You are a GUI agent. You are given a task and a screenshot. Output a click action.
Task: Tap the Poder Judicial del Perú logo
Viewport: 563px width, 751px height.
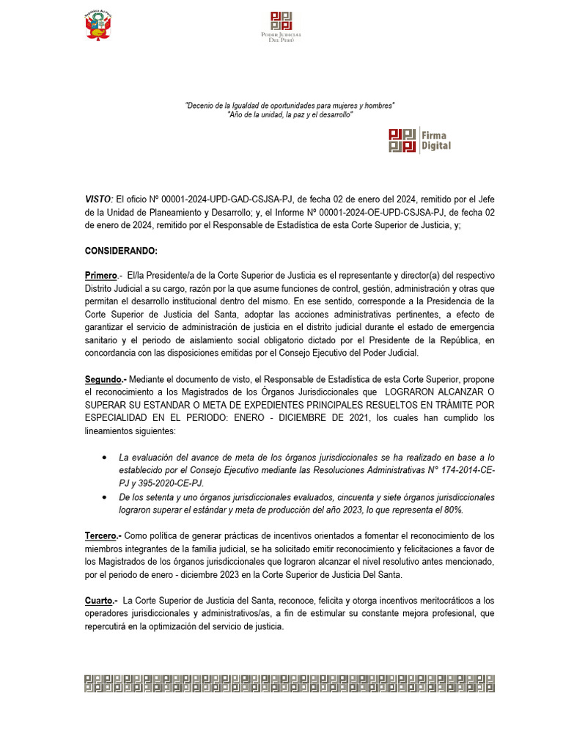[x=281, y=26]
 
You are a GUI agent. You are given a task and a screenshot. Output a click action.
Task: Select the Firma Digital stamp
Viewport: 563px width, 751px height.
[x=419, y=140]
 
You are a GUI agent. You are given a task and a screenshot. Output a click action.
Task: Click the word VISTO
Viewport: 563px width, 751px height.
[x=98, y=199]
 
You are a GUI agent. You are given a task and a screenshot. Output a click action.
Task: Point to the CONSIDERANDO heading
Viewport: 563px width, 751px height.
[x=121, y=251]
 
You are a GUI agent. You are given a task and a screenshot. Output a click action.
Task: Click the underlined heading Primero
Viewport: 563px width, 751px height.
[x=101, y=275]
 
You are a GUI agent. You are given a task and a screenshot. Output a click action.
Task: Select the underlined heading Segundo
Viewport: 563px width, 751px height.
[x=104, y=379]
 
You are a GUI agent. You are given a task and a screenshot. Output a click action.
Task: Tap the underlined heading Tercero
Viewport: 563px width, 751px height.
[x=102, y=537]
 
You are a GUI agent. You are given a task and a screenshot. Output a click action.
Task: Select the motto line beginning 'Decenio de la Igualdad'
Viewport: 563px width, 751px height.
[x=290, y=106]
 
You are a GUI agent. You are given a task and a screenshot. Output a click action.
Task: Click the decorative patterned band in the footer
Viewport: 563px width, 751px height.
[x=289, y=683]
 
